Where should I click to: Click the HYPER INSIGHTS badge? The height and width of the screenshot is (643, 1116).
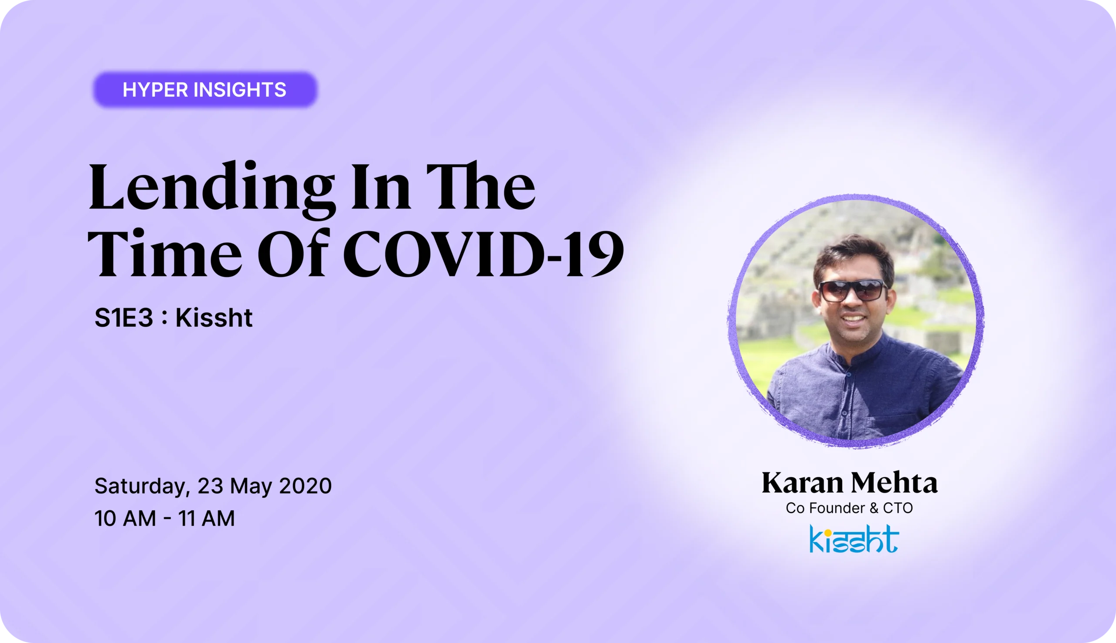point(204,90)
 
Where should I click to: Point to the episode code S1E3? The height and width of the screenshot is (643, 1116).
point(124,318)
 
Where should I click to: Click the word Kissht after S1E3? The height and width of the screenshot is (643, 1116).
point(214,318)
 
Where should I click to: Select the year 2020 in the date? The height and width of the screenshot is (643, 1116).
point(305,486)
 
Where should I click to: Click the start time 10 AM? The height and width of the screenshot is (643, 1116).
point(125,518)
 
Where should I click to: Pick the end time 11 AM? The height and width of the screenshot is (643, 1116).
point(206,518)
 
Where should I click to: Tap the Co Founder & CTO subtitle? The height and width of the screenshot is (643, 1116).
point(849,508)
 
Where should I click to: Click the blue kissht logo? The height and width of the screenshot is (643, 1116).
point(854,539)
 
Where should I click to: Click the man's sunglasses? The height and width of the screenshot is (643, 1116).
point(853,291)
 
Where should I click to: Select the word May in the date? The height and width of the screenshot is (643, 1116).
point(251,486)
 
